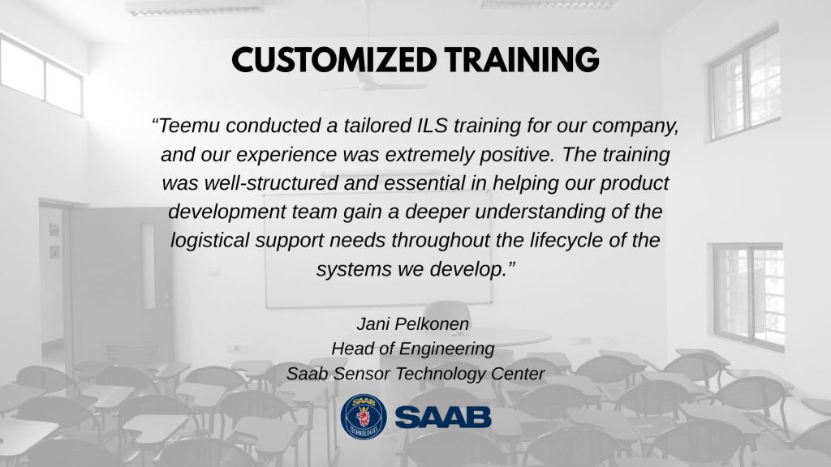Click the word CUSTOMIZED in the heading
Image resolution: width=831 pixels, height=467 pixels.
tap(334, 59)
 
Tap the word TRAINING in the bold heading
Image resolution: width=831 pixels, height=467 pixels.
tap(522, 59)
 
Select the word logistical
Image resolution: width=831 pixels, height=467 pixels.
tap(210, 241)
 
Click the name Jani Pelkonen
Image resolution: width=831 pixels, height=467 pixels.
tap(413, 324)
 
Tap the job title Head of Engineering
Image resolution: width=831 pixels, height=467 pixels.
tap(413, 349)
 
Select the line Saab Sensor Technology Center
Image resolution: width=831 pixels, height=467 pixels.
tap(415, 374)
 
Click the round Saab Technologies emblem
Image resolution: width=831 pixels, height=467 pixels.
tap(364, 417)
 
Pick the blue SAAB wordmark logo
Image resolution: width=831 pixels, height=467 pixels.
tap(443, 418)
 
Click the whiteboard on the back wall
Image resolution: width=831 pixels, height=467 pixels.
tap(378, 250)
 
